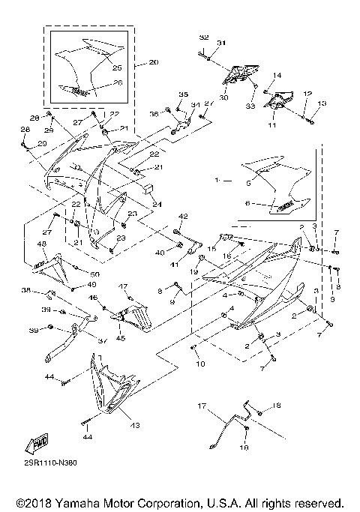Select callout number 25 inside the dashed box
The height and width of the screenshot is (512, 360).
point(117,68)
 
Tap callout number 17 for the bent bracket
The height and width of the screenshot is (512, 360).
point(201,406)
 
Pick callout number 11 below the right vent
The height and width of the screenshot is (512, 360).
point(271,125)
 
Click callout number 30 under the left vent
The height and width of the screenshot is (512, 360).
point(224,86)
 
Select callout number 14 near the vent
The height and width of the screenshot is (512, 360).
point(276,76)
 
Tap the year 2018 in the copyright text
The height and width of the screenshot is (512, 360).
point(30,502)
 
